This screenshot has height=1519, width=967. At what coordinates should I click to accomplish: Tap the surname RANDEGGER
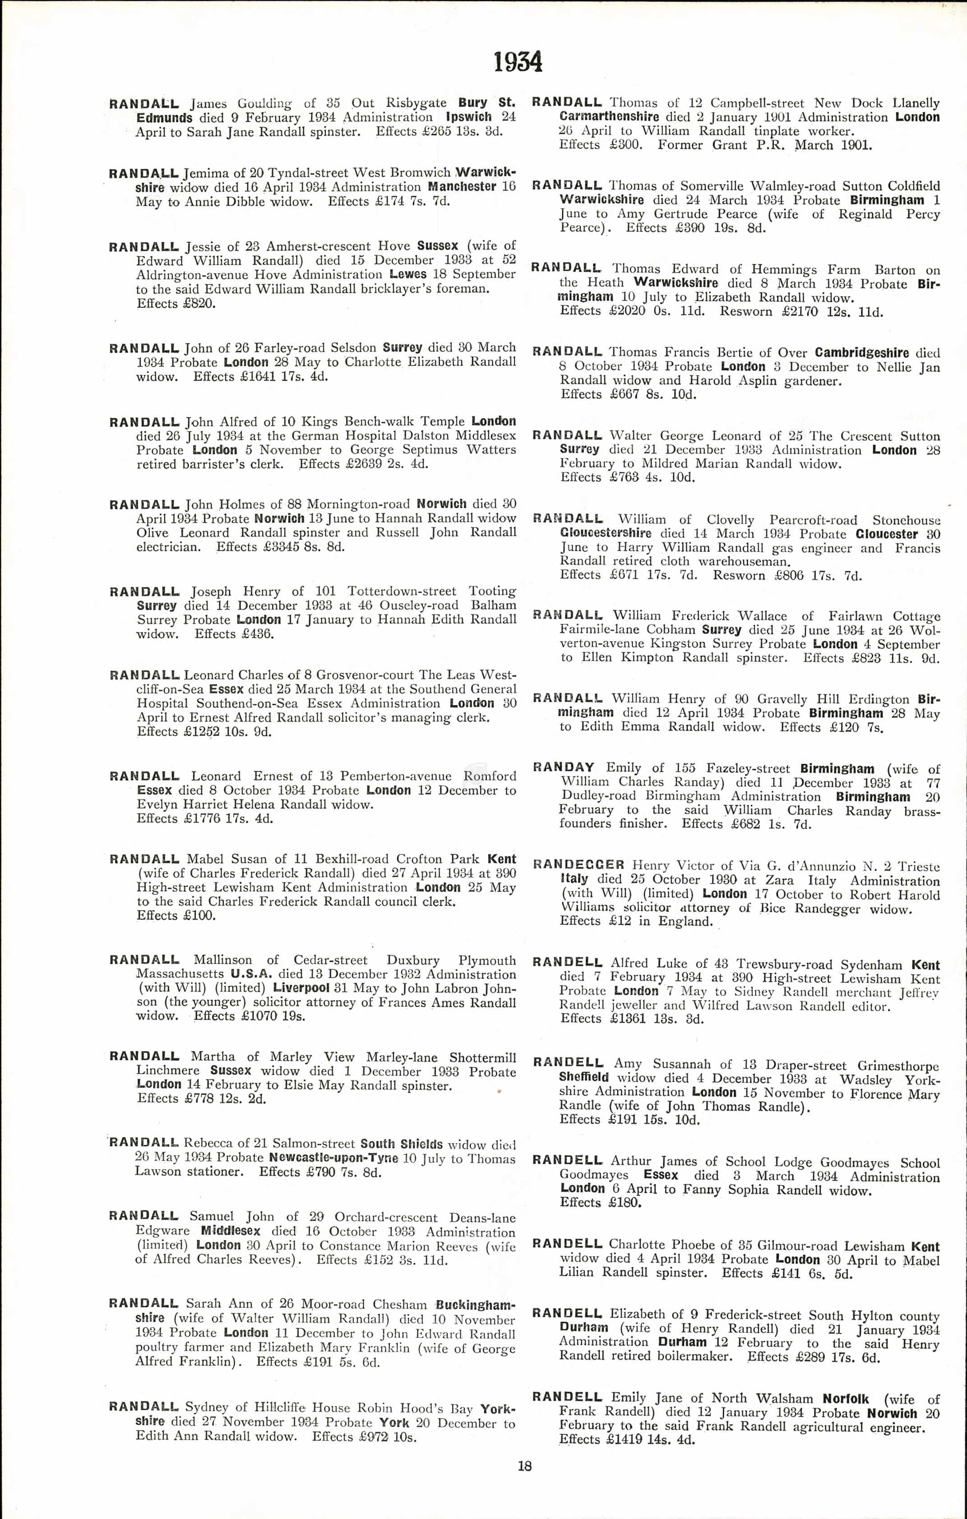pyautogui.click(x=578, y=865)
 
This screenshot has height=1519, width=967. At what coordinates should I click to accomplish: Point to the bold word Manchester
pyautogui.click(x=462, y=187)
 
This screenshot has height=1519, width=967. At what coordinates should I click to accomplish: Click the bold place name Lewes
pyautogui.click(x=408, y=274)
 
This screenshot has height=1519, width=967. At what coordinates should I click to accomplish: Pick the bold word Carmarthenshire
pyautogui.click(x=609, y=117)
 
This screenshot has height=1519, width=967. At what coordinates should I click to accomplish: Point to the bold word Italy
pyautogui.click(x=574, y=879)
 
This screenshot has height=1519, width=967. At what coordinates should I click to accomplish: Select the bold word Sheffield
pyautogui.click(x=583, y=1077)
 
